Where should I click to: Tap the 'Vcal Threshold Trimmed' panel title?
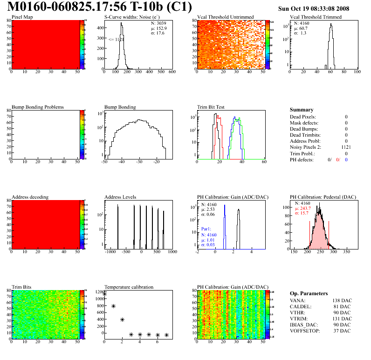(316, 17)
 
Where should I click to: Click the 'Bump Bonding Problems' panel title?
(38, 107)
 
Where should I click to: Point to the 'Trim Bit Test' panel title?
(211, 107)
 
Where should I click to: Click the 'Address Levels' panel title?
(120, 197)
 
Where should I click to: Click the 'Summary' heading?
(302, 110)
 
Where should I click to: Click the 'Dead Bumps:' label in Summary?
(304, 129)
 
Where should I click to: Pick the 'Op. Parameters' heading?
(309, 293)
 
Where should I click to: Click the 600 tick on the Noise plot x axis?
(172, 72)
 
